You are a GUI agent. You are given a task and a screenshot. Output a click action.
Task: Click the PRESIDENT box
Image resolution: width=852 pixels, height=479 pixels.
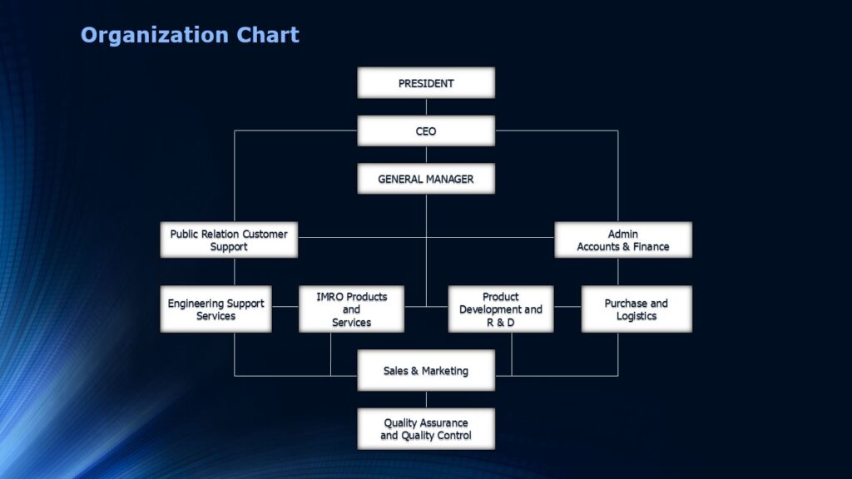tap(426, 83)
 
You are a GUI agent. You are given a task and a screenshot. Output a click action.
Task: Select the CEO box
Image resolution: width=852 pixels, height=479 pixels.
tap(426, 131)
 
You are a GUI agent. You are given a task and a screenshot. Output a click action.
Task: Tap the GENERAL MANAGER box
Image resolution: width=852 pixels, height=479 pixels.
tap(426, 179)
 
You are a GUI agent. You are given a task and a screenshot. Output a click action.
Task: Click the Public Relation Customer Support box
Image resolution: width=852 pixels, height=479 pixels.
tap(229, 239)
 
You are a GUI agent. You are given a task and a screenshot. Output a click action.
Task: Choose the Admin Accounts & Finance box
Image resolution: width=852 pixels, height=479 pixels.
tap(623, 239)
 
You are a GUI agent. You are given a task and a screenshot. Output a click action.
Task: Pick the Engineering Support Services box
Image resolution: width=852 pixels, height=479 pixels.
tap(215, 309)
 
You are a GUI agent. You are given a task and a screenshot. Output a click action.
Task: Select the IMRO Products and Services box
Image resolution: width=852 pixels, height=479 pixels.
tap(351, 309)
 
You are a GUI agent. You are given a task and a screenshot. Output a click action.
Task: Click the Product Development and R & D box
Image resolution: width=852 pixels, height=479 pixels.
tap(501, 309)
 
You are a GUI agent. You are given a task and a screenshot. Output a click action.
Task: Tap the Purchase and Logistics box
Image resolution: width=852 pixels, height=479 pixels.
tap(637, 309)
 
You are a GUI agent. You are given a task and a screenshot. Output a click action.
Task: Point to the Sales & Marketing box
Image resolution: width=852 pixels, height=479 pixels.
tap(426, 371)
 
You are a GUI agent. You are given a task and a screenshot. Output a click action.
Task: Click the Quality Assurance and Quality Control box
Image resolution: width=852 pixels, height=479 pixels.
tap(426, 429)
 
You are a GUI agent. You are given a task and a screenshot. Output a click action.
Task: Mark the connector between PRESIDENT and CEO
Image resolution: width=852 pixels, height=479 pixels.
tap(426, 106)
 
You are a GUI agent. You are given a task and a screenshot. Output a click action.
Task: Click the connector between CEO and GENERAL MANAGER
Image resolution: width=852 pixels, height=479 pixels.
tap(426, 155)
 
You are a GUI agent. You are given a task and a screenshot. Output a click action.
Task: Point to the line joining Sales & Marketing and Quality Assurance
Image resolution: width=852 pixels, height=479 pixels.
tap(426, 399)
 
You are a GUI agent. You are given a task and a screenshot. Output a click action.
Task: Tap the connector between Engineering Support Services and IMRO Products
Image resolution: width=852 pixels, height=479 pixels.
tap(285, 306)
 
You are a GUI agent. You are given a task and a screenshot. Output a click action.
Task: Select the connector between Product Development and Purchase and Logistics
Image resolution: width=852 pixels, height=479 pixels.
tap(567, 306)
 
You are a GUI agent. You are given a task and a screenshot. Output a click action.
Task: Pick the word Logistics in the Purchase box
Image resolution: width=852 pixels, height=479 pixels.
tap(637, 316)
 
